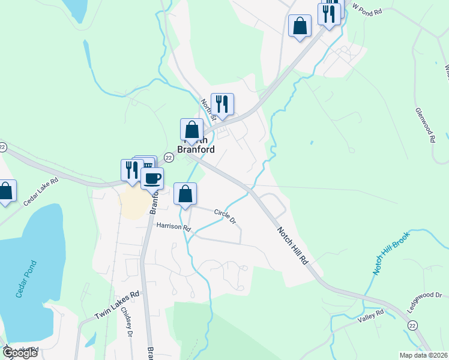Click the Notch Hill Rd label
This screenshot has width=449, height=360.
coord(294,246)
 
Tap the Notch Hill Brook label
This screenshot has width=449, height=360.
coord(392,252)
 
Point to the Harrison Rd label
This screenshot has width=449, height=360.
coord(173,227)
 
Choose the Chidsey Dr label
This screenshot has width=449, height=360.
coord(127,322)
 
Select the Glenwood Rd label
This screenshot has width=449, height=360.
coord(424,125)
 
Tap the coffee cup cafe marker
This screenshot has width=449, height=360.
coord(152,178)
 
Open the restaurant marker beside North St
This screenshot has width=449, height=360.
coord(222,103)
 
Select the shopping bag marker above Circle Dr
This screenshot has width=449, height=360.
coord(185,193)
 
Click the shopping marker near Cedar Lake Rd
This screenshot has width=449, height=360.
coord(5,191)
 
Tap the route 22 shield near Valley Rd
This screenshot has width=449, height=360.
coord(412,325)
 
